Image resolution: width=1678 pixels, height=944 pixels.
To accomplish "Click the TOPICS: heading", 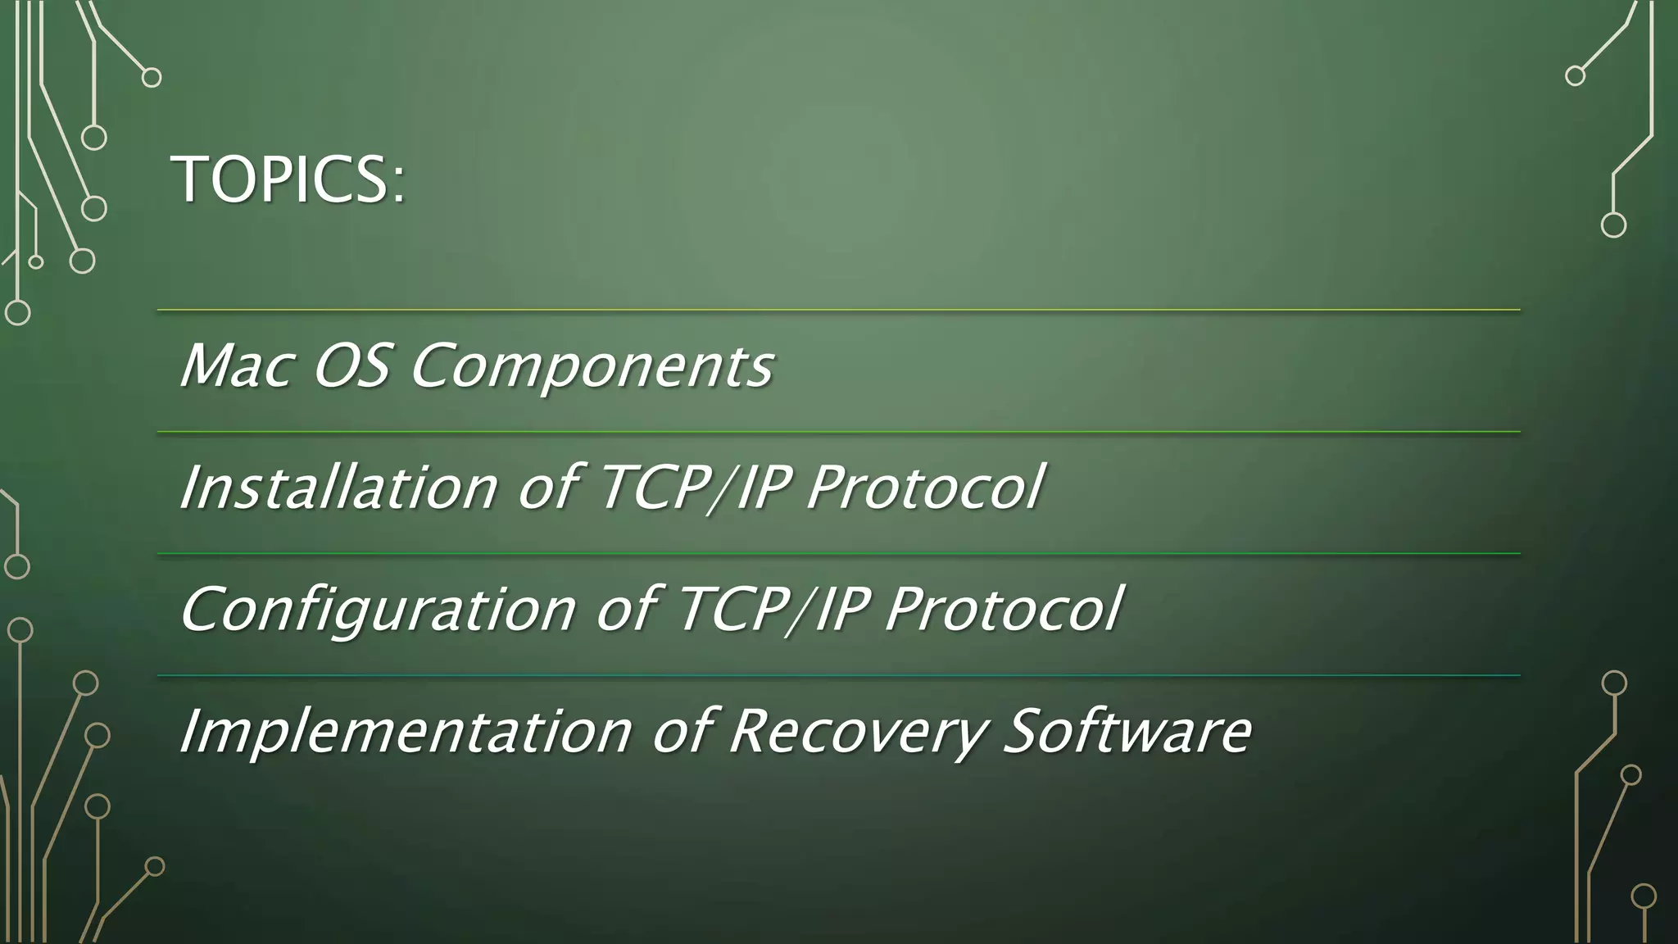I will [x=288, y=179].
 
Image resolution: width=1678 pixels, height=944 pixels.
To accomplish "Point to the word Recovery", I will [x=855, y=732].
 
